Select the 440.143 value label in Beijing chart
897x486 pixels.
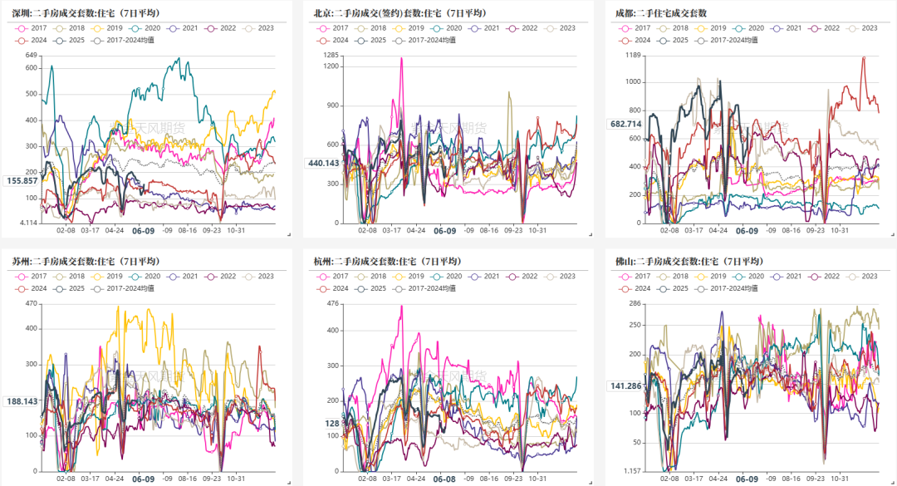tap(323, 163)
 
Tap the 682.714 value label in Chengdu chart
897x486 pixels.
tap(625, 124)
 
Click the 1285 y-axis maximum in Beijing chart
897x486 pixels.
tap(330, 55)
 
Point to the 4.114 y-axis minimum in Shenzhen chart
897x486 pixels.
tap(27, 223)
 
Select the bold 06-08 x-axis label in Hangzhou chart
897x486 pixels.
tap(444, 479)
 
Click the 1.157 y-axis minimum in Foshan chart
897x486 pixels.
tap(633, 471)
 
